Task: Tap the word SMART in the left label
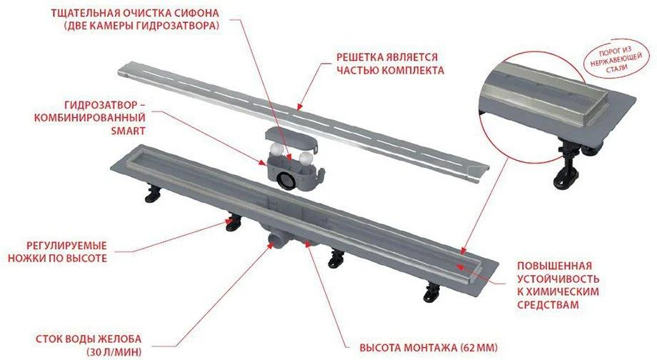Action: (129, 131)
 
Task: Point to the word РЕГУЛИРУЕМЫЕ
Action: (66, 245)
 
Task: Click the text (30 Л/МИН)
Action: (114, 351)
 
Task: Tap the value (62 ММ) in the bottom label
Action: (478, 348)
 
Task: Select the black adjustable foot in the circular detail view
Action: (568, 164)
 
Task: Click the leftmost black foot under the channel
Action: (154, 194)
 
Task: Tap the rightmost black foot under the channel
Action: (431, 291)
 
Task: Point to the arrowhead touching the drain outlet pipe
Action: (270, 245)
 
